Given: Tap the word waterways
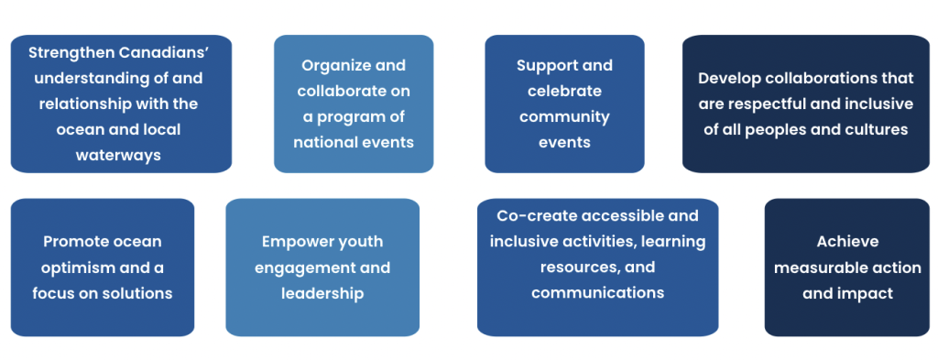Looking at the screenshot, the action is [118, 156].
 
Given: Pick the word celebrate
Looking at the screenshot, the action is [564, 91].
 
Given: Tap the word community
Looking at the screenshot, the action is [564, 117].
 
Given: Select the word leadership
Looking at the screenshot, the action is [322, 294].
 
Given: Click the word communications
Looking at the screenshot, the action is [597, 292].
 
